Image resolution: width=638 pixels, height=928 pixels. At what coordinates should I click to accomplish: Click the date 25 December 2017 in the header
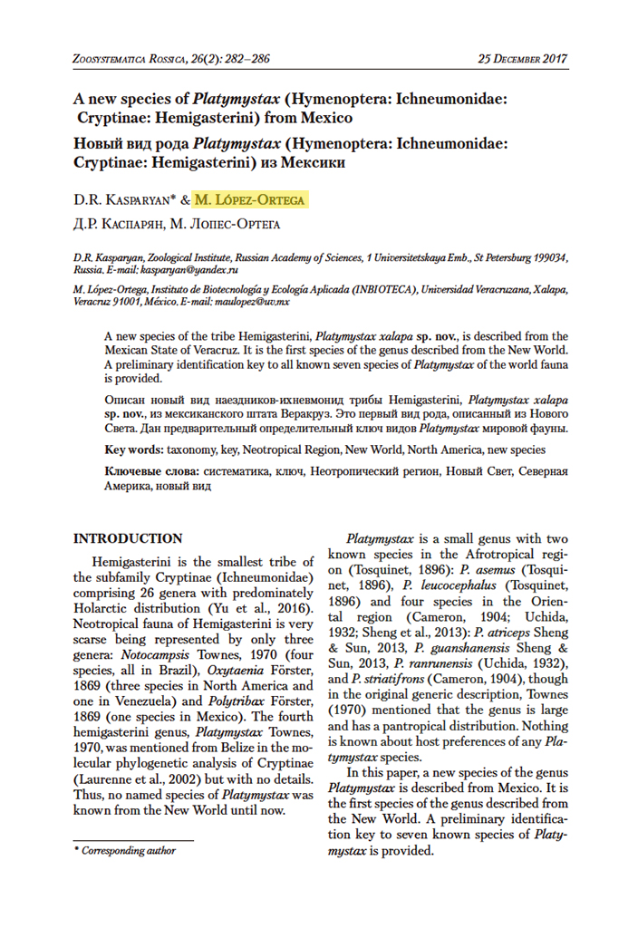(522, 60)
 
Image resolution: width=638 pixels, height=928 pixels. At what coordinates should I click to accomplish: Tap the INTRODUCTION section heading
(127, 538)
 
